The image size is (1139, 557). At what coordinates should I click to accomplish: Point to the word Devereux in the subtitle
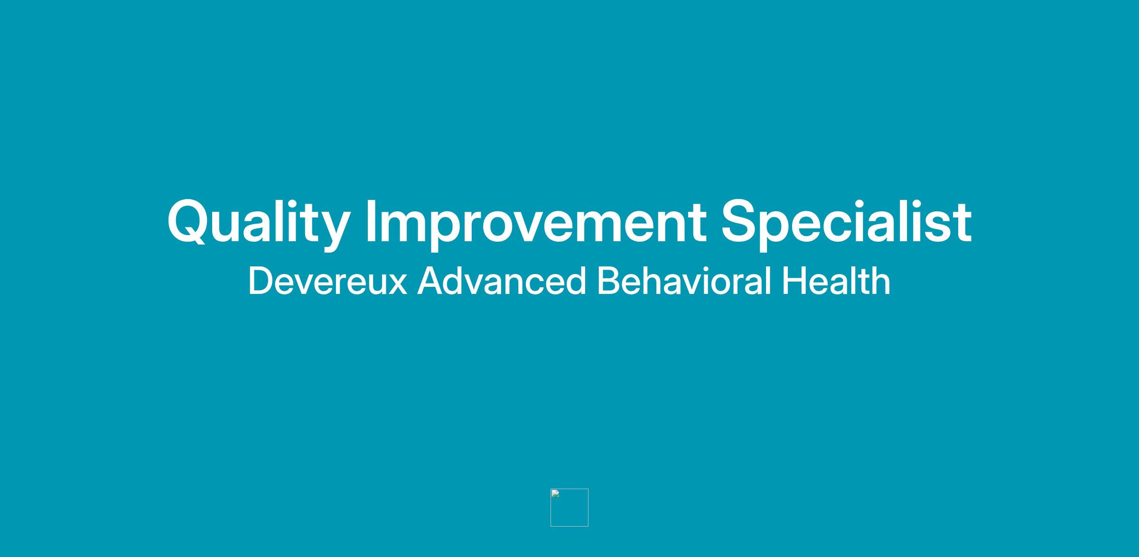[x=328, y=281]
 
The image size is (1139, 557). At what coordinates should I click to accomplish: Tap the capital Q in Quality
[x=187, y=221]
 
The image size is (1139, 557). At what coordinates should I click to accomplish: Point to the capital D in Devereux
[x=261, y=281]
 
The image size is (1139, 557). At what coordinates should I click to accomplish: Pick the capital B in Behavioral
[x=608, y=281]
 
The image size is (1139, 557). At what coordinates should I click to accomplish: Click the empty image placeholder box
[x=569, y=508]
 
